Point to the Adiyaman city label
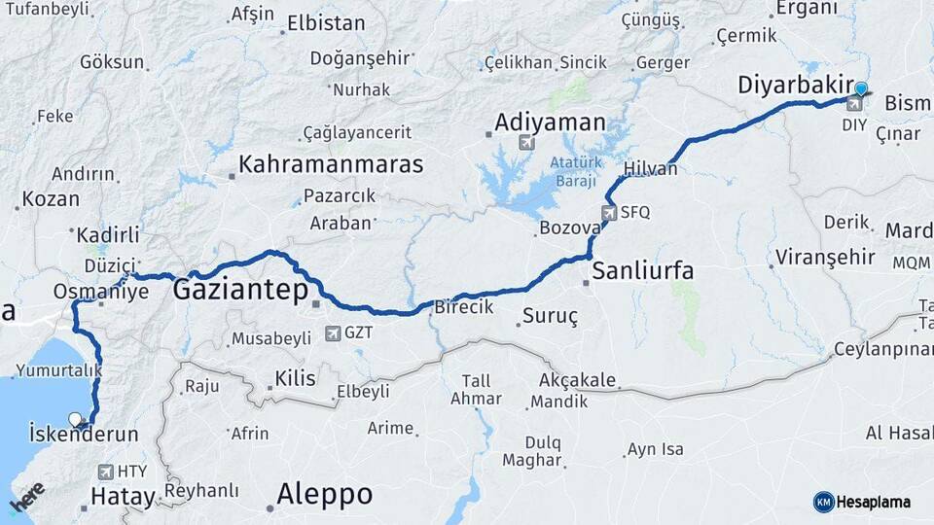550,123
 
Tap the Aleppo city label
324,494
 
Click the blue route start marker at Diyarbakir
860,90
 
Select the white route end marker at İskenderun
75,419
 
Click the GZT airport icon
334,333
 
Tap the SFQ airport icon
609,212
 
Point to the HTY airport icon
106,472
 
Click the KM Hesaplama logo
862,502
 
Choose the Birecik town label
463,306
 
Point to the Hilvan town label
650,168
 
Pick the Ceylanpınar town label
880,349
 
